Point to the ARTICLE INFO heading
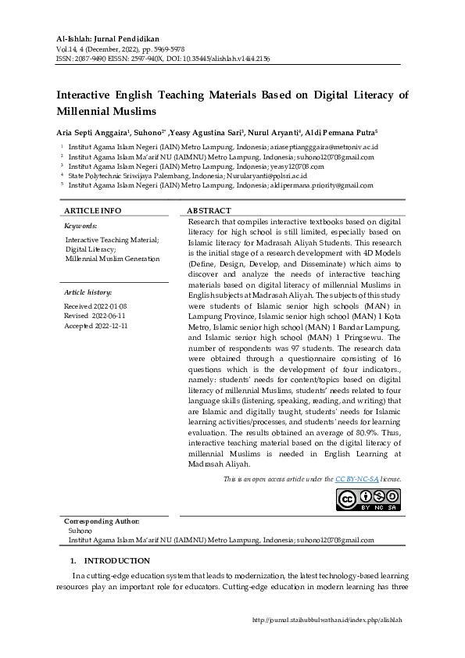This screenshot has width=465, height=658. coord(92,211)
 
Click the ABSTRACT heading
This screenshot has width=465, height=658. coord(209,211)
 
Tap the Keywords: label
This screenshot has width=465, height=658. coord(80,225)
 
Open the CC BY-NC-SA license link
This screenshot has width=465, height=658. coord(356,478)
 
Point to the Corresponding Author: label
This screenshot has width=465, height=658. coord(102,520)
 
